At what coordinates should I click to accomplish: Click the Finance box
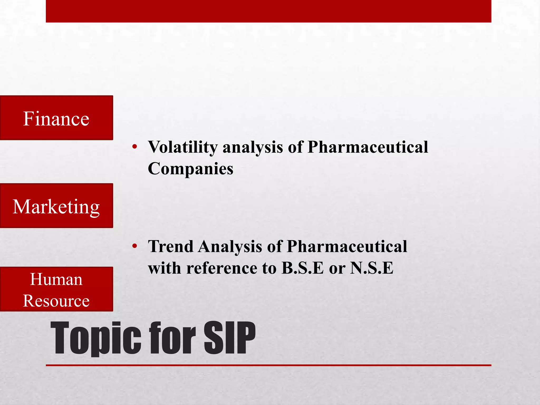click(56, 118)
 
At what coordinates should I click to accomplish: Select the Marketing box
click(56, 206)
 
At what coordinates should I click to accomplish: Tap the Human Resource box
click(56, 289)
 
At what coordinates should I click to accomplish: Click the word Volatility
click(183, 147)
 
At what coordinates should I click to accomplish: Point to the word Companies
click(190, 169)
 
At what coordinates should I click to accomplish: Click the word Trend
click(171, 247)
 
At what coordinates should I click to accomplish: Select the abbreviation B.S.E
click(302, 268)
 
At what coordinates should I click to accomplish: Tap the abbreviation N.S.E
click(372, 268)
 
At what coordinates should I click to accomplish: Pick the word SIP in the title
click(229, 338)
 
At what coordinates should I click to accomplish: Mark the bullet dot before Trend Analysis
click(135, 246)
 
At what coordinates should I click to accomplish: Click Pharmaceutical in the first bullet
click(368, 147)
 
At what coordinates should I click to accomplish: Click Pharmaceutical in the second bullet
click(347, 247)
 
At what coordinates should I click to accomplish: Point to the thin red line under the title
click(268, 365)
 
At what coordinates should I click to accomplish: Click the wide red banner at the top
click(268, 11)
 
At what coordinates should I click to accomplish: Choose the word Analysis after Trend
click(230, 247)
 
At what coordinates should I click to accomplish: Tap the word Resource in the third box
click(56, 301)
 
